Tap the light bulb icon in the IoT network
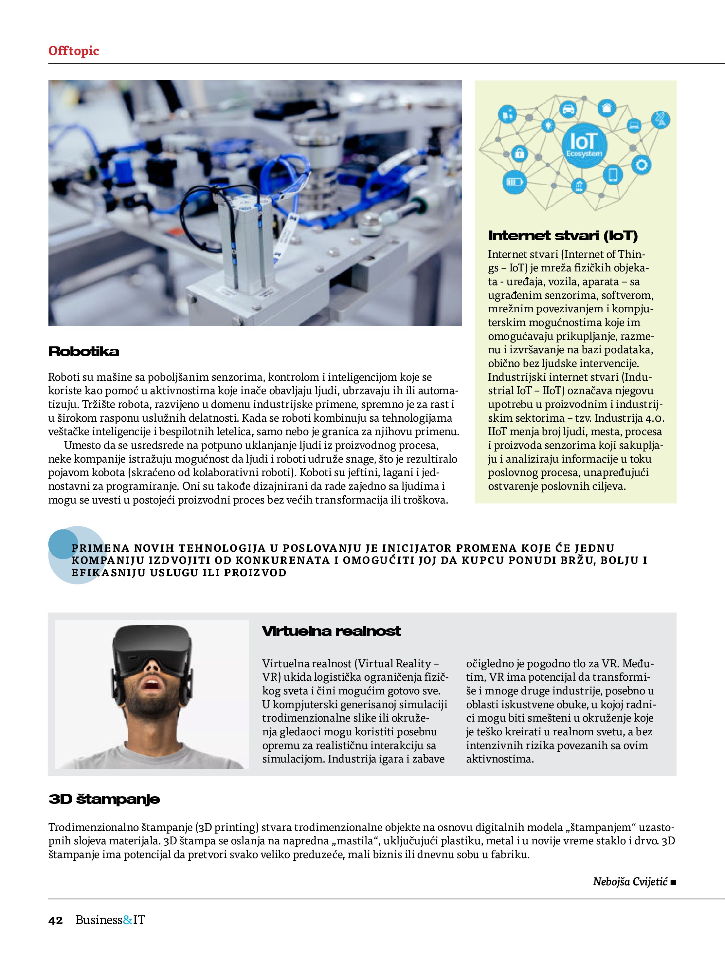pyautogui.click(x=549, y=125)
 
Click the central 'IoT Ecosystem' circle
pyautogui.click(x=584, y=144)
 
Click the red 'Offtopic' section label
pyautogui.click(x=74, y=51)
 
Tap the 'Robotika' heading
pyautogui.click(x=83, y=351)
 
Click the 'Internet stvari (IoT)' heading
pyautogui.click(x=563, y=236)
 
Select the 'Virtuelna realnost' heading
pyautogui.click(x=331, y=631)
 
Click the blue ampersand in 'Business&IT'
pyautogui.click(x=128, y=920)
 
